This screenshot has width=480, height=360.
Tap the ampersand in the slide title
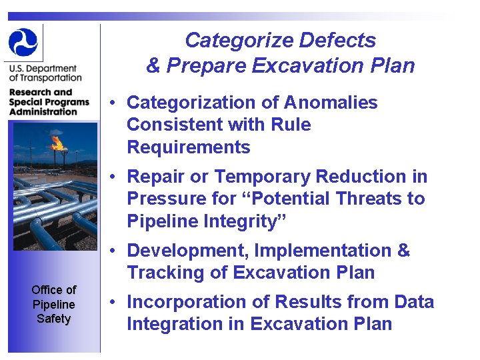click(x=153, y=66)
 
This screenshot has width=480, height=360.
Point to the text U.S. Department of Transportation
click(x=43, y=73)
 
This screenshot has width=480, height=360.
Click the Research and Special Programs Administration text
click(x=49, y=102)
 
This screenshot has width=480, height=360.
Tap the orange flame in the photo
click(x=58, y=142)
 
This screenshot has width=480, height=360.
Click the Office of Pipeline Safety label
click(x=53, y=304)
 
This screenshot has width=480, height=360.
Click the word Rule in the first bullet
click(x=291, y=125)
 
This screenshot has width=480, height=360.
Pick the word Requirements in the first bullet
click(x=188, y=147)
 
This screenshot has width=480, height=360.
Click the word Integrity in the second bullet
click(x=237, y=221)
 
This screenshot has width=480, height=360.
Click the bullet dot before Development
click(x=115, y=251)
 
